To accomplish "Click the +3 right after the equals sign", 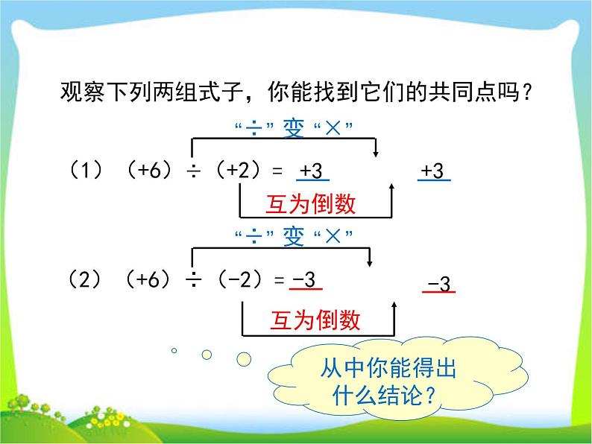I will [x=312, y=172].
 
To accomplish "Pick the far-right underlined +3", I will [x=434, y=172].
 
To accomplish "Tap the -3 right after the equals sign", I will [x=306, y=280].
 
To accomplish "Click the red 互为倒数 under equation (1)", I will [x=310, y=204].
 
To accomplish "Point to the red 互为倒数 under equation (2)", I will [x=315, y=320].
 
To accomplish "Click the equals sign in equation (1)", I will [x=277, y=172].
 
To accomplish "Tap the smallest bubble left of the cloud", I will [x=174, y=349].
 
